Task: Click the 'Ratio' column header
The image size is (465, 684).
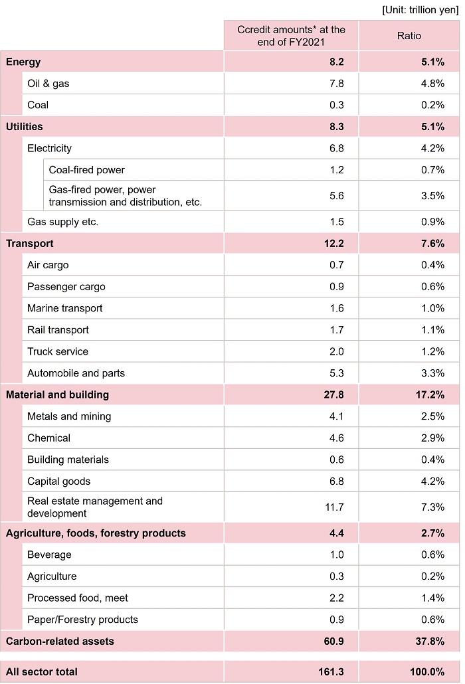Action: tap(409, 36)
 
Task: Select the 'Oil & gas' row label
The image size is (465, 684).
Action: tap(48, 84)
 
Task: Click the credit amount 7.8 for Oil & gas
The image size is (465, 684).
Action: tap(336, 84)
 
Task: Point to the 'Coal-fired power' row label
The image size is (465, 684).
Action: tap(86, 170)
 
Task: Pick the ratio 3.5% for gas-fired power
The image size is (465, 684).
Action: tap(432, 196)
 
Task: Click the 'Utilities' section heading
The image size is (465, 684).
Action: tap(25, 126)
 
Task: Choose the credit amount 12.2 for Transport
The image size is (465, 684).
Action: tap(333, 244)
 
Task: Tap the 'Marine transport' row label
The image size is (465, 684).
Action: tap(66, 308)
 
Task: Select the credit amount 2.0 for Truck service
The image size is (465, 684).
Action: tap(336, 351)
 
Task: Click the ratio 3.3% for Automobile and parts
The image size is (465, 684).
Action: tap(432, 373)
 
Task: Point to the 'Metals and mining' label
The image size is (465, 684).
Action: tap(69, 416)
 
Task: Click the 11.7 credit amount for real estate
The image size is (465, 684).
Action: tap(333, 507)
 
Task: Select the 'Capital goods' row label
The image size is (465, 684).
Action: tap(58, 481)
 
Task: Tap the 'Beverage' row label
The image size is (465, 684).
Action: tap(49, 555)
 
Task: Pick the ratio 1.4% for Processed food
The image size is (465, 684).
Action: tap(432, 598)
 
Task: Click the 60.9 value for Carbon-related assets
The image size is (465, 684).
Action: tap(333, 641)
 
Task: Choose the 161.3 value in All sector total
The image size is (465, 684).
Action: tap(330, 672)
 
